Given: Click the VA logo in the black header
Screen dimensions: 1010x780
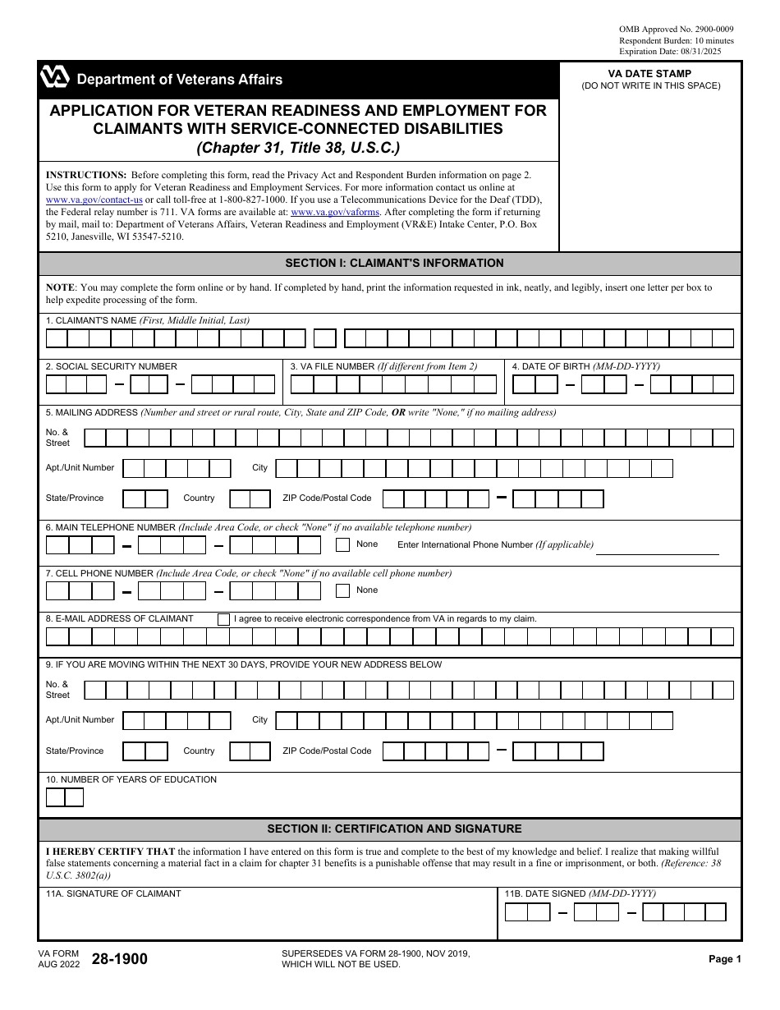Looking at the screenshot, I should tap(54, 79).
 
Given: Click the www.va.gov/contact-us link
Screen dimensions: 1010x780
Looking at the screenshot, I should tap(94, 200).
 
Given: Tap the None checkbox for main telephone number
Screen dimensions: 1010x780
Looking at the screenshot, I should tap(343, 544).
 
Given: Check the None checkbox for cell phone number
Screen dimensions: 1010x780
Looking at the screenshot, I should tap(343, 590).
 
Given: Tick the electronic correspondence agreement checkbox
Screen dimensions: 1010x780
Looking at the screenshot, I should tap(223, 620).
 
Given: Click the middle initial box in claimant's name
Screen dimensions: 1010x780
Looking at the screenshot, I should tap(325, 338).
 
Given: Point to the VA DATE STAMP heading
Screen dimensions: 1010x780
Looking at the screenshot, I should tap(649, 74).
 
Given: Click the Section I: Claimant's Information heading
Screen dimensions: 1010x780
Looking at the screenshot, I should tap(394, 264).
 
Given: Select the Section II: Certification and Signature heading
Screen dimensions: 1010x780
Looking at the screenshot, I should tap(394, 829).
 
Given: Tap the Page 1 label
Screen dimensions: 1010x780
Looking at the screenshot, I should tap(725, 959).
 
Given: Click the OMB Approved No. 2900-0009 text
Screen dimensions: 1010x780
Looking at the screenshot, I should tap(676, 30).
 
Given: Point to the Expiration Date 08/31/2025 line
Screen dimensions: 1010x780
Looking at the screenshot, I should tap(676, 51).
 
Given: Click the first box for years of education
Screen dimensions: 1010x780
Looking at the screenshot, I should tap(55, 797).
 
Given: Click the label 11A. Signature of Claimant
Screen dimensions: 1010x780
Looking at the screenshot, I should tap(113, 894).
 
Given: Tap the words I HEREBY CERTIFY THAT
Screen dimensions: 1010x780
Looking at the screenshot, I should tap(110, 852).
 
